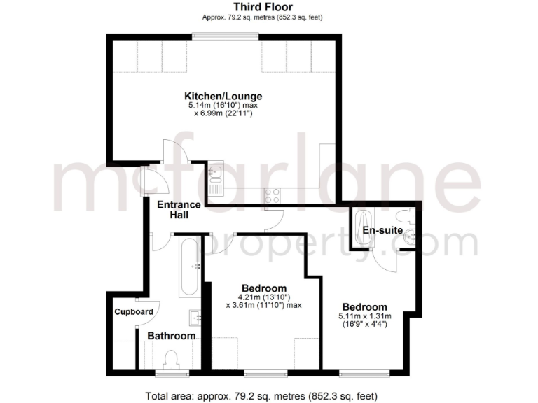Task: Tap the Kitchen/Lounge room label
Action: [223, 96]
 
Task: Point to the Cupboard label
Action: [134, 311]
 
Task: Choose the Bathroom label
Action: [171, 336]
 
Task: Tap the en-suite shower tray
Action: [361, 227]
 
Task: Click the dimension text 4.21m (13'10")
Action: [264, 297]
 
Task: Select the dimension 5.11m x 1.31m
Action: [364, 316]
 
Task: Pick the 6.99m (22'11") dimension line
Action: [223, 113]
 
